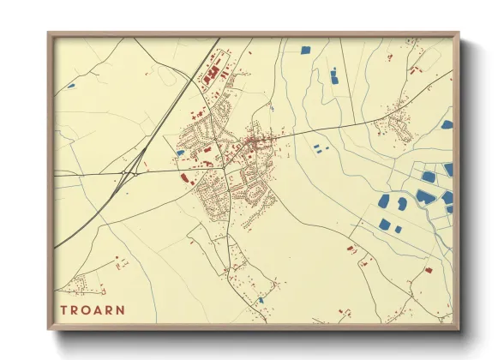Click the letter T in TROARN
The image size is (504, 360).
point(63,309)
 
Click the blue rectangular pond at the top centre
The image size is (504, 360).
point(305,49)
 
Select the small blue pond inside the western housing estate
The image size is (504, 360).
point(181,153)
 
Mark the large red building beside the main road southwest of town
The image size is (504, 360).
point(185,178)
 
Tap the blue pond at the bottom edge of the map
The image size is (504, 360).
point(261,300)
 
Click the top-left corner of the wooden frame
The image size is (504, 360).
point(49,34)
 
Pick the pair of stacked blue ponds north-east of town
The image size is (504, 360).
point(334,77)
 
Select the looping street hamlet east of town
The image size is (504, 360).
point(398,127)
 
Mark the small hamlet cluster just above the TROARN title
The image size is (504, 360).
point(81,284)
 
